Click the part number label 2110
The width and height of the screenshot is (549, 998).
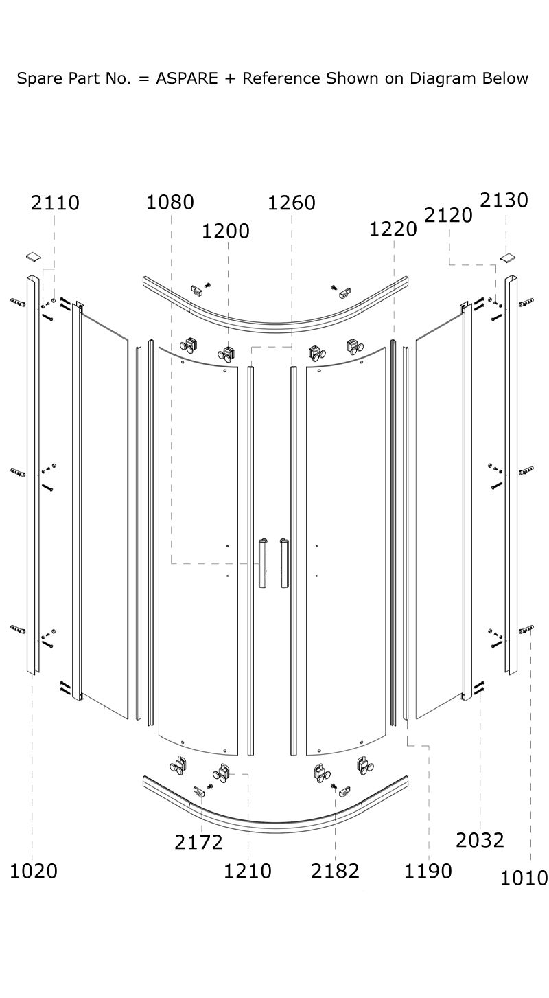click(x=55, y=203)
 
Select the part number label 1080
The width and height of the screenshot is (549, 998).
click(x=170, y=203)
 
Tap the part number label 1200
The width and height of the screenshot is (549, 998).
click(x=225, y=231)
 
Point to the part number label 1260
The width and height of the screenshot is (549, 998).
click(x=292, y=203)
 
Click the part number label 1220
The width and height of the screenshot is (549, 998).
click(x=393, y=229)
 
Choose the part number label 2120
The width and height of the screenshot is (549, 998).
click(x=449, y=215)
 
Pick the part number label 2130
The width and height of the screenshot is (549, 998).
click(x=504, y=200)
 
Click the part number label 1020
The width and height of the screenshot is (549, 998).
click(x=34, y=871)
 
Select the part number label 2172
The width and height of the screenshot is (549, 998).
click(x=198, y=842)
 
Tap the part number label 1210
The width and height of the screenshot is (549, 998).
click(x=248, y=871)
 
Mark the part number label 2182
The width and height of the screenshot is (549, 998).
click(x=335, y=871)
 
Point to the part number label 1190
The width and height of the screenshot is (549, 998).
click(x=428, y=871)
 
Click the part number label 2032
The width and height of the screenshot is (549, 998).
click(x=480, y=840)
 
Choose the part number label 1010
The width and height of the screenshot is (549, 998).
click(x=524, y=878)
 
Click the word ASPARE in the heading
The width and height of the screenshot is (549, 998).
click(x=186, y=78)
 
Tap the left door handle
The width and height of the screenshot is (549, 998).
click(x=262, y=563)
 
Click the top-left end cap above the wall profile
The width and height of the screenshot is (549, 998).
click(x=33, y=257)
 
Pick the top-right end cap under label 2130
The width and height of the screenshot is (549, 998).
click(x=508, y=258)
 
